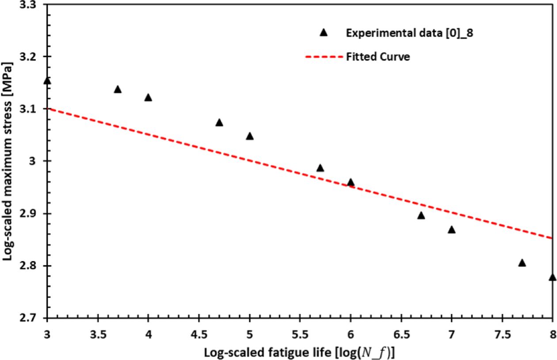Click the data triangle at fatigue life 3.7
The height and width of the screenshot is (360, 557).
(118, 90)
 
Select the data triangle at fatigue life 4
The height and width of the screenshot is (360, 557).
(148, 98)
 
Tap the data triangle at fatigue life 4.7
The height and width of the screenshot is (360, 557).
(219, 123)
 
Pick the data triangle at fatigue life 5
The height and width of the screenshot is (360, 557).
(250, 136)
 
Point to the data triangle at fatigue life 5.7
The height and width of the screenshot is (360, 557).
(320, 168)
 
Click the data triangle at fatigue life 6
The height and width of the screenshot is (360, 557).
(351, 183)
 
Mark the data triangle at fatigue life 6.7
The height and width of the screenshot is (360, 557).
(421, 216)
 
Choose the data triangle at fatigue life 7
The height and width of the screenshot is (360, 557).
(451, 230)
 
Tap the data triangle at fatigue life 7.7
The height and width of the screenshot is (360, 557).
(522, 263)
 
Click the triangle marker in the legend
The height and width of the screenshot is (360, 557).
(324, 32)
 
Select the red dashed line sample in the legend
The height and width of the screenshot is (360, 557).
(324, 57)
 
